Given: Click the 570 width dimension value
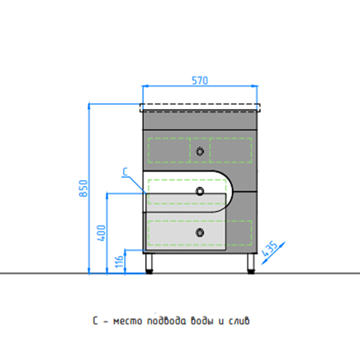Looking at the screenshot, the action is (x=200, y=81).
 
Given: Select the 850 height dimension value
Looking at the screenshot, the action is (x=83, y=189).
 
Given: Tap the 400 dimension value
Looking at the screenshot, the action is (x=101, y=233).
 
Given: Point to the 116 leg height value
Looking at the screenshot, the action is (x=119, y=261).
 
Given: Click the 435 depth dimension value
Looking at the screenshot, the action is (x=270, y=249).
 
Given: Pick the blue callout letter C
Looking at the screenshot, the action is (x=125, y=172).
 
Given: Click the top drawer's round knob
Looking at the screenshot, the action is (x=200, y=152).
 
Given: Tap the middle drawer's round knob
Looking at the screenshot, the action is (x=200, y=191).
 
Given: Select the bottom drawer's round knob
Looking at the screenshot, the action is (x=200, y=233).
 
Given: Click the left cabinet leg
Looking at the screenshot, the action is (x=149, y=263).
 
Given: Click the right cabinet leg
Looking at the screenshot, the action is (x=251, y=263).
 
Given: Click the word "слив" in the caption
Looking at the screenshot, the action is (x=239, y=321).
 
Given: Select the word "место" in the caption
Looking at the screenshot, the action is (x=128, y=321).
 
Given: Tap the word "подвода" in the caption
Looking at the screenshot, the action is (x=166, y=321).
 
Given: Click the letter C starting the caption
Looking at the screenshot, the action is (x=95, y=321).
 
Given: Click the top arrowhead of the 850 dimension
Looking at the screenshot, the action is (x=89, y=106).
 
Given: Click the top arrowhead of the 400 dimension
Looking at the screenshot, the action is (x=107, y=196).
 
